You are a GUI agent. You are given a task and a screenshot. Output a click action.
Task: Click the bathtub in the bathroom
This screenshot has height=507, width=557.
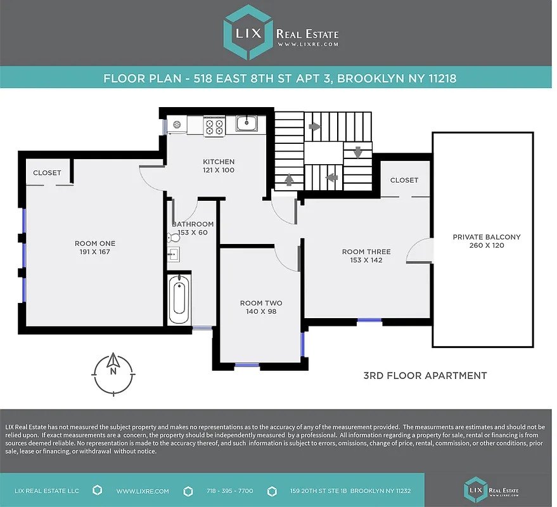point(179,298)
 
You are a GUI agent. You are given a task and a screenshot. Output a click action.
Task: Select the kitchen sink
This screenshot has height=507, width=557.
point(246,124)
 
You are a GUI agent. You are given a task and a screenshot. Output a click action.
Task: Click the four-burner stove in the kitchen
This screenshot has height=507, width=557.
point(214,126)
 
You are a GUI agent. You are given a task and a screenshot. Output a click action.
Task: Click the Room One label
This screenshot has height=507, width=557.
point(95,243)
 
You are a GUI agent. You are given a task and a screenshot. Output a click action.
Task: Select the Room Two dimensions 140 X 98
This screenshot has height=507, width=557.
point(261,312)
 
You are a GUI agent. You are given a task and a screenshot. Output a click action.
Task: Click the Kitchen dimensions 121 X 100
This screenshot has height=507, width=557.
point(219,170)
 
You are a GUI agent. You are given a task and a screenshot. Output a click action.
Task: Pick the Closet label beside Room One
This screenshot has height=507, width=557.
point(47,172)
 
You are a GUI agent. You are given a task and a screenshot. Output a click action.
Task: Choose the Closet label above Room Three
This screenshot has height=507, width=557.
point(404,180)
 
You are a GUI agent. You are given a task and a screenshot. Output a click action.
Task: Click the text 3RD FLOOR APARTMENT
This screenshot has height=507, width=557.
point(425,376)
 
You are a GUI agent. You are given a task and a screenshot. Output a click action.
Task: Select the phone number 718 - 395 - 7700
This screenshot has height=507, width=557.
point(229,491)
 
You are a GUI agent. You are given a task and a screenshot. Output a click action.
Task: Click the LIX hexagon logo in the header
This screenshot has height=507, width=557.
point(248,33)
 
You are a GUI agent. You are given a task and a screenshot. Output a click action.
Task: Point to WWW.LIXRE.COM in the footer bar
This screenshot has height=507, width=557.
point(143,491)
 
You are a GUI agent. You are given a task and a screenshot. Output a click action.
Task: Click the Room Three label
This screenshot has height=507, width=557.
point(366,252)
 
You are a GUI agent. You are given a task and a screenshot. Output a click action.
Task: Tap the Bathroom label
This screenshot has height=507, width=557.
point(193,224)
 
